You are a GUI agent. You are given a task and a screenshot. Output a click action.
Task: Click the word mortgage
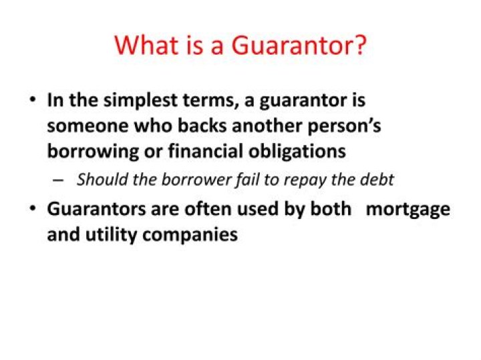point(408,210)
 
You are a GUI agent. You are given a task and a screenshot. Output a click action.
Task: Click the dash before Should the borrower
point(58,180)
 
